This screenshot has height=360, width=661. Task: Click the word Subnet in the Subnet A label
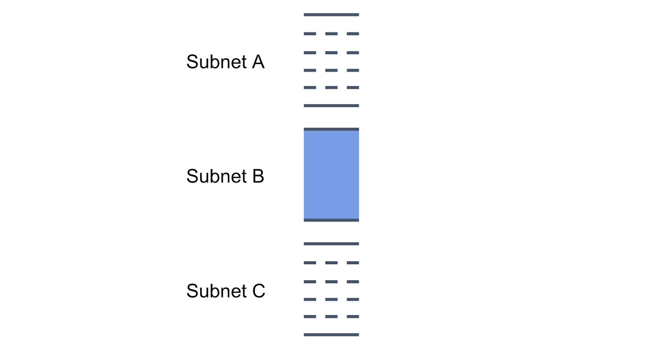216,62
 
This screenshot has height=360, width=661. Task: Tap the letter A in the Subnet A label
258,62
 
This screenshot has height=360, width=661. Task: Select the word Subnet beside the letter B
216,176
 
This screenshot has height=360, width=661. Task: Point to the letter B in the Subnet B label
258,176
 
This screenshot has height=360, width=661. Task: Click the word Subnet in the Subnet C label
216,291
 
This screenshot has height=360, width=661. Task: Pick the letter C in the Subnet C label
259,291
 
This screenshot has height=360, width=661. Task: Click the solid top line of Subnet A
331,15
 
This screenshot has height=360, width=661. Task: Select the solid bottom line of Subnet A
331,106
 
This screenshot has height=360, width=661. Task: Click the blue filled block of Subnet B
331,175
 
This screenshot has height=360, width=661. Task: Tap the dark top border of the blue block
331,130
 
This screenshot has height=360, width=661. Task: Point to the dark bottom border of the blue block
331,220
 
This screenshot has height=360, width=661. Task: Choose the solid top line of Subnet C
331,244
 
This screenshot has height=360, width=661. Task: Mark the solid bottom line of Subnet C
331,335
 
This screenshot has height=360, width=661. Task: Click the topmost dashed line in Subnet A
331,34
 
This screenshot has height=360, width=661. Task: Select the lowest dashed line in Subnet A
331,88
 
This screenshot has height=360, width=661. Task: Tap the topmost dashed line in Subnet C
331,263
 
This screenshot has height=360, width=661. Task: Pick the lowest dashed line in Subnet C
331,317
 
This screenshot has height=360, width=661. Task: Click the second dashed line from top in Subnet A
331,53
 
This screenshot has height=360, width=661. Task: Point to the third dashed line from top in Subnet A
331,71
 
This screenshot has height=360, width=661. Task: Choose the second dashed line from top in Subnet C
331,282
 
